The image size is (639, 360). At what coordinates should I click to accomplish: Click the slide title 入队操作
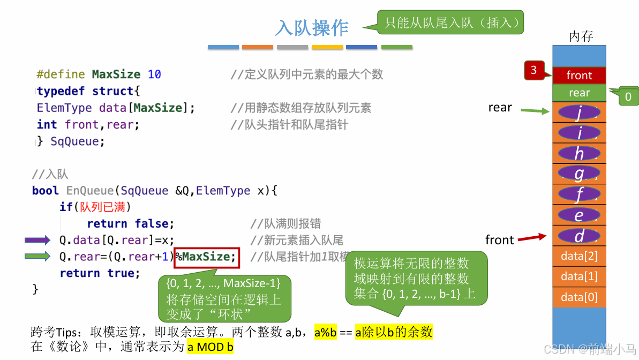(312, 28)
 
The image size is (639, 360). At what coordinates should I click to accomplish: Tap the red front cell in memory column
(579, 76)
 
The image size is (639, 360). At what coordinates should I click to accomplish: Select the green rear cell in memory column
(579, 93)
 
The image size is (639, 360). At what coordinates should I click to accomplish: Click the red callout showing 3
(534, 70)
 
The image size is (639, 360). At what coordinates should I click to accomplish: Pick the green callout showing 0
(628, 96)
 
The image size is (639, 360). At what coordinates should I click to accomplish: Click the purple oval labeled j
(579, 114)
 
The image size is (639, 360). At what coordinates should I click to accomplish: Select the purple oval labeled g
(579, 174)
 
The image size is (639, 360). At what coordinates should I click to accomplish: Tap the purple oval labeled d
(579, 236)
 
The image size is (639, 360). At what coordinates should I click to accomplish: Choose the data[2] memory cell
(579, 256)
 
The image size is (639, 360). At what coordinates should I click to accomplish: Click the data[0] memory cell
(579, 297)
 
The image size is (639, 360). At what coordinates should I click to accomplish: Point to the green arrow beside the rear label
(535, 111)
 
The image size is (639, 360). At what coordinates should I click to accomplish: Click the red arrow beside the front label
(532, 237)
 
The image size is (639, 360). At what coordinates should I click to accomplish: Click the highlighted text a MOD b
(210, 347)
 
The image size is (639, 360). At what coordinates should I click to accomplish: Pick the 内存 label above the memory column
(581, 36)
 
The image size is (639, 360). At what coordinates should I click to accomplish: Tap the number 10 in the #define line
(154, 74)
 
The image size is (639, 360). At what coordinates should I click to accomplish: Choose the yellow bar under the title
(327, 47)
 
